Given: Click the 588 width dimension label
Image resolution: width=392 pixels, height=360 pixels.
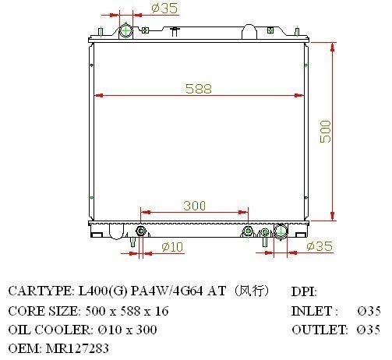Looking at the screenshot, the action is [x=199, y=89].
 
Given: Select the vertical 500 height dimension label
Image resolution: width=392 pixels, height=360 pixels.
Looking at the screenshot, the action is [x=326, y=132].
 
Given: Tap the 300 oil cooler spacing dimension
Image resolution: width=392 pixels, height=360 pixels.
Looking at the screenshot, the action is [x=195, y=206].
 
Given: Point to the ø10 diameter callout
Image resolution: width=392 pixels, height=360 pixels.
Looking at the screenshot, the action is [x=172, y=246].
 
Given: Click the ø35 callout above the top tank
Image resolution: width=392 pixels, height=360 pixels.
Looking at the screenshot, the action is [x=164, y=9].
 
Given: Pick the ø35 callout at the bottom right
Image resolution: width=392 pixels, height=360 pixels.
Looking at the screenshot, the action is [x=320, y=246].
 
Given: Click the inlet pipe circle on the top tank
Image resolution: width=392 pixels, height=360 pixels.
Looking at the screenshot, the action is [x=126, y=31].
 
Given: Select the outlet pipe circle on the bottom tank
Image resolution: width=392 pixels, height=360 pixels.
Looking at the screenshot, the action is [x=281, y=231].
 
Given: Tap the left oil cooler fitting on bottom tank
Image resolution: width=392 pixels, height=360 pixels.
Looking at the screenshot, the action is [x=141, y=231].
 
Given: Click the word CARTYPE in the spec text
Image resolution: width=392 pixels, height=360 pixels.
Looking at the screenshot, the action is [x=40, y=291].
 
